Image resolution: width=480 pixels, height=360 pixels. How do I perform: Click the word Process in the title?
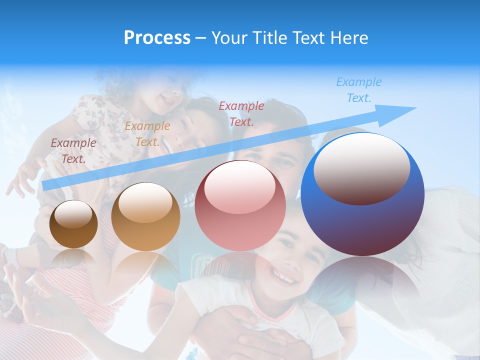pos(157,38)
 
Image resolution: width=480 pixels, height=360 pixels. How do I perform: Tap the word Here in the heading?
pos(348,38)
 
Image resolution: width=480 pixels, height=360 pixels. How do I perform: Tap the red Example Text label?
pos(241,114)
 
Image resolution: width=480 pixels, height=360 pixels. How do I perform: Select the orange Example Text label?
pos(147,134)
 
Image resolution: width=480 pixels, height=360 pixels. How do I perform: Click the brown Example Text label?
pos(73,151)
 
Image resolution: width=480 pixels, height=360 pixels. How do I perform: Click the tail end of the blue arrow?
pos(45,186)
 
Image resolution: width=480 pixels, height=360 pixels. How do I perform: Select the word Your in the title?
pos(230,38)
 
